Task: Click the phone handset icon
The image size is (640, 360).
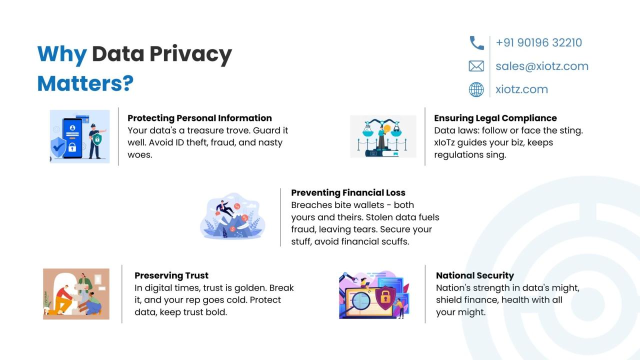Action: pyautogui.click(x=477, y=43)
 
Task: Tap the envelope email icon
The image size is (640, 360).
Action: pyautogui.click(x=476, y=66)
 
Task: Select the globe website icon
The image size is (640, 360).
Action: pyautogui.click(x=476, y=89)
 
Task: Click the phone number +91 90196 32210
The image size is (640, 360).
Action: pyautogui.click(x=539, y=42)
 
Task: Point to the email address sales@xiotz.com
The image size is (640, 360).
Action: pyautogui.click(x=542, y=66)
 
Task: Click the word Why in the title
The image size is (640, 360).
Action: pyautogui.click(x=62, y=53)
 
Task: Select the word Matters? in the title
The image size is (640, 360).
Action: pyautogui.click(x=85, y=83)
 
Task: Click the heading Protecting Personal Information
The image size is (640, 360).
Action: pyautogui.click(x=199, y=118)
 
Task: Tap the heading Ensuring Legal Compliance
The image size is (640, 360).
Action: pyautogui.click(x=495, y=118)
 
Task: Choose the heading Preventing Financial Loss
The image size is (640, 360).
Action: pyautogui.click(x=348, y=192)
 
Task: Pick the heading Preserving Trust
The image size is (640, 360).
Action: pyautogui.click(x=171, y=275)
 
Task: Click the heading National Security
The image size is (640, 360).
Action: pyautogui.click(x=475, y=275)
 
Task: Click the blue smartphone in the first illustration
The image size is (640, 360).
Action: pyautogui.click(x=72, y=138)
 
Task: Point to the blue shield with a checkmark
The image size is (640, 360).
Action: pyautogui.click(x=58, y=147)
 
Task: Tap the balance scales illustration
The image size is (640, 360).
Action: pyautogui.click(x=383, y=136)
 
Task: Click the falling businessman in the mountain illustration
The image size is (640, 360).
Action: pyautogui.click(x=225, y=208)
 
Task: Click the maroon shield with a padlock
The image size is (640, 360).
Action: pyautogui.click(x=385, y=297)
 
